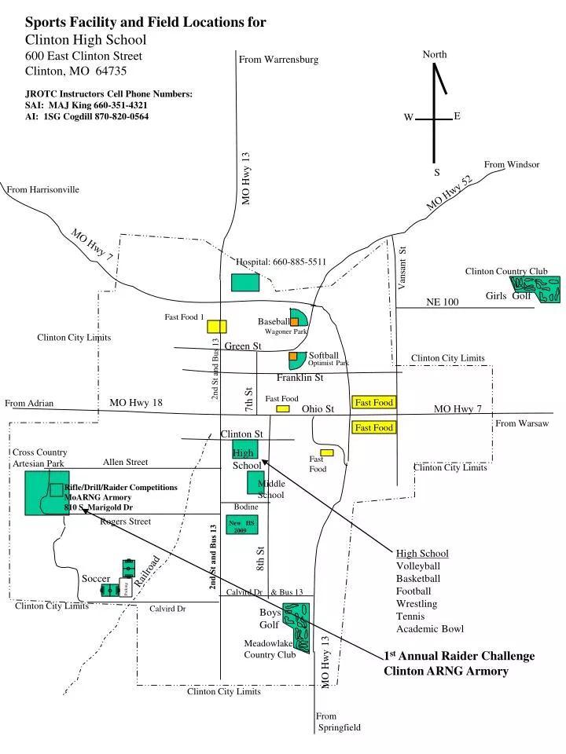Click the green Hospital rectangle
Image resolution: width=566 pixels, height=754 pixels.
(x=245, y=282)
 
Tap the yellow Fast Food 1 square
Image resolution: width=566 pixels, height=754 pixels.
(x=217, y=325)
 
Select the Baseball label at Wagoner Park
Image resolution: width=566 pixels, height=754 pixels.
(x=273, y=321)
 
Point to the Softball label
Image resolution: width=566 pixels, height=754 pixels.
(x=323, y=355)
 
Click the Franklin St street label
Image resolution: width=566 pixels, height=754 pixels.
(x=300, y=378)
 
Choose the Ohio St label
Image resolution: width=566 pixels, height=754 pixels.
(x=318, y=408)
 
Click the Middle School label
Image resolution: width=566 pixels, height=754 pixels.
(x=271, y=489)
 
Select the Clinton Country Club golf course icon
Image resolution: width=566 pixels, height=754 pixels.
(x=535, y=289)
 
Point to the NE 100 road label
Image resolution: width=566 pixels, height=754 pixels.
(x=442, y=302)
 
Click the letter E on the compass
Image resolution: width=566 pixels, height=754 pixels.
(x=457, y=116)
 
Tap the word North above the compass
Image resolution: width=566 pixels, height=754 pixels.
(x=435, y=54)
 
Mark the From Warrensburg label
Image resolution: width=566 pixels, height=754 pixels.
(x=278, y=60)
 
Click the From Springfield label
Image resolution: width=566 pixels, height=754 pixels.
(x=339, y=722)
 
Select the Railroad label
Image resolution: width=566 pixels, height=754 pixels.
(x=147, y=571)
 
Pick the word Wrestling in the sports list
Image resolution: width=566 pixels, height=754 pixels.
(x=416, y=603)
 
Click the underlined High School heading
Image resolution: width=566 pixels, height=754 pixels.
(x=422, y=553)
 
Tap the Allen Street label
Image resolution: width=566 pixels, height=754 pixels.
(x=125, y=462)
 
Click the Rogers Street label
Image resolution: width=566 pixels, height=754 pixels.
(x=125, y=522)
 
